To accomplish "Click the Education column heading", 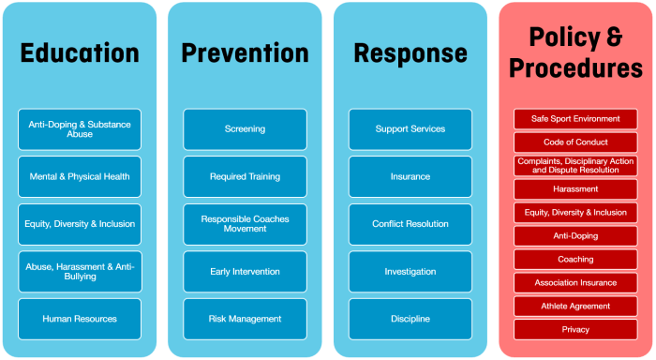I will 80,53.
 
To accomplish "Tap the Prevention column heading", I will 245,53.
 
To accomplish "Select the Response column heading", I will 410,53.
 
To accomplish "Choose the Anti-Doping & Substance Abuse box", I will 80,128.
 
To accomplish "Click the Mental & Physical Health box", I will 80,176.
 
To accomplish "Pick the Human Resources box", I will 80,319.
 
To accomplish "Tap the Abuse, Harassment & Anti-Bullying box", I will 80,271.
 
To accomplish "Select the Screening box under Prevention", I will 245,128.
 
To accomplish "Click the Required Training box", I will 245,176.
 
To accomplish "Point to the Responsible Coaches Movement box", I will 245,224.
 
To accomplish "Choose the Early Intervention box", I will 245,271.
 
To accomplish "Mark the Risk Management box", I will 245,319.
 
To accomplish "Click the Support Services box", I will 410,128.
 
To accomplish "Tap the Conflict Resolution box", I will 410,224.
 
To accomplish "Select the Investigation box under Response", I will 410,271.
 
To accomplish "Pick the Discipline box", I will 410,319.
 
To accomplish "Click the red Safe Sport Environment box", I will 575,119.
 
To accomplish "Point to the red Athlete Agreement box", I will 575,306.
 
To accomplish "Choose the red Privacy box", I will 575,329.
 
